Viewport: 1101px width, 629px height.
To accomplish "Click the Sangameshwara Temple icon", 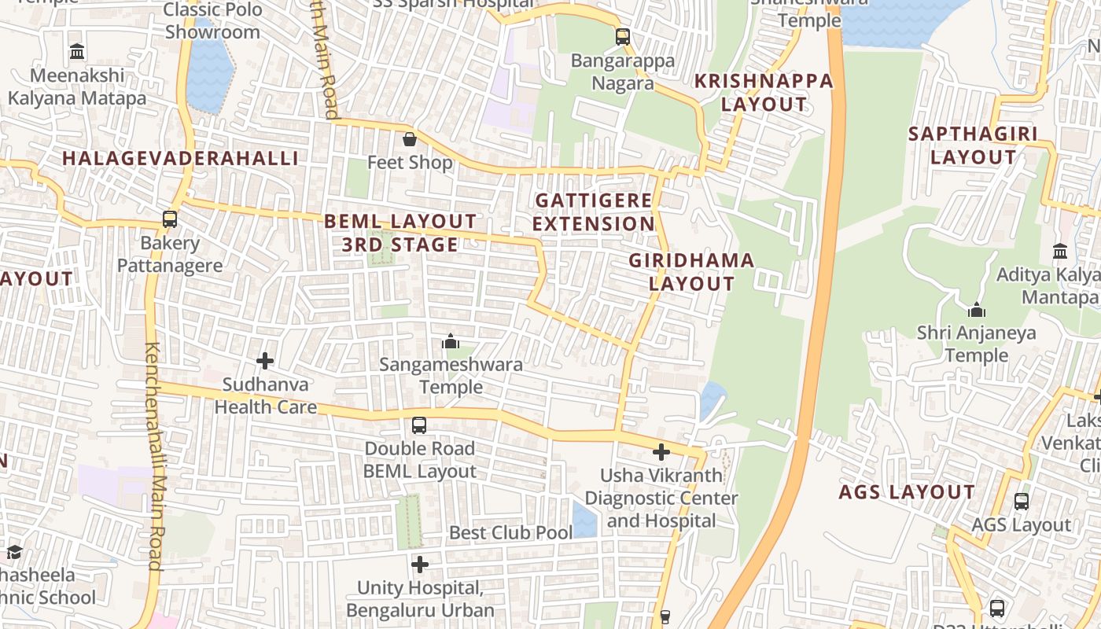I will (451, 341).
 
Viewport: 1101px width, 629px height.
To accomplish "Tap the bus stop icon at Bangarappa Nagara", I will (622, 36).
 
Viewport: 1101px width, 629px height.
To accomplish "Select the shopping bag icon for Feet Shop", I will (410, 140).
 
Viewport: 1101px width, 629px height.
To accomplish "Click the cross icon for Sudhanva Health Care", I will (265, 361).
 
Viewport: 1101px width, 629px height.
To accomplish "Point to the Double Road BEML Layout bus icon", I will (419, 425).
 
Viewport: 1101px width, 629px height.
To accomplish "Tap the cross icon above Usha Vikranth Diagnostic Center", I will (661, 452).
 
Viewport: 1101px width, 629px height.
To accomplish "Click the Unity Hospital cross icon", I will (420, 564).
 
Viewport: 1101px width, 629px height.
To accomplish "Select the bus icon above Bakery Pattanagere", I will (170, 219).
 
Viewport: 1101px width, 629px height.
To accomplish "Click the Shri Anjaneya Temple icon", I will (976, 310).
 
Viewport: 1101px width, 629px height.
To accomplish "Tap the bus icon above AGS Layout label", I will (1021, 501).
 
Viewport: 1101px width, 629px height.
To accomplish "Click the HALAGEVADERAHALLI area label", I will (180, 158).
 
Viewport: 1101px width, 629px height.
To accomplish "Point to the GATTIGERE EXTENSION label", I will (594, 212).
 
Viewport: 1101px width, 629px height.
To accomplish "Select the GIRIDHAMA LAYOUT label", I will (691, 272).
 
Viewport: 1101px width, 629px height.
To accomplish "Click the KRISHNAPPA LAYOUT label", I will (763, 92).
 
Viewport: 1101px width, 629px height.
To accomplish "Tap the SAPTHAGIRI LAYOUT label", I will (973, 145).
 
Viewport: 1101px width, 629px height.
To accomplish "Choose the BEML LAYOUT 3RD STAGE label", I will (400, 233).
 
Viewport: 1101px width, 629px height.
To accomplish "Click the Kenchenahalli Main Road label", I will (153, 456).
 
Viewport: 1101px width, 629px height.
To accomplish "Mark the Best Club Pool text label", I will (510, 532).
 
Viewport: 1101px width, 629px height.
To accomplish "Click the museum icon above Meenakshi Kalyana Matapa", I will (77, 52).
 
